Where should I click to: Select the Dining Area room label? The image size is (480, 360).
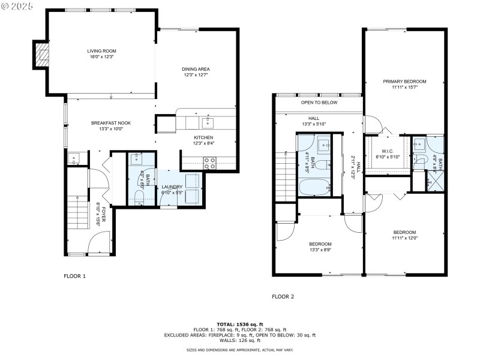coord(196,72)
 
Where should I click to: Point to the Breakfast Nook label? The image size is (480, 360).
coord(111,125)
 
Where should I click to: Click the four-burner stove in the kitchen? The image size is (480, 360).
coord(209,161)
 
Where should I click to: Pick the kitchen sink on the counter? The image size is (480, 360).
coord(208,122)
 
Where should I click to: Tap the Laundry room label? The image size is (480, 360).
coord(173,190)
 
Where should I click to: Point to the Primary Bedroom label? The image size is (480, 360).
coord(405,84)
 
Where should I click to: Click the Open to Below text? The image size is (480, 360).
coord(319,103)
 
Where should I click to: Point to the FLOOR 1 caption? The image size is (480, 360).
coord(75,277)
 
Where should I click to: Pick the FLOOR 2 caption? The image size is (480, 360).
coord(283,296)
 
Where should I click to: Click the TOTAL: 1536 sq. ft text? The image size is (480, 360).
coord(240,324)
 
